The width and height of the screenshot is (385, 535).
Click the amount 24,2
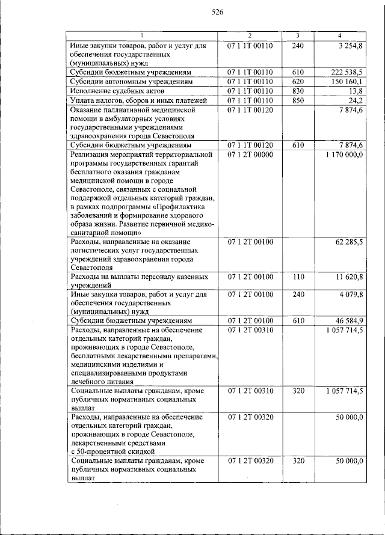[354, 100]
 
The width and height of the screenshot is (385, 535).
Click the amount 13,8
[354, 91]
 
